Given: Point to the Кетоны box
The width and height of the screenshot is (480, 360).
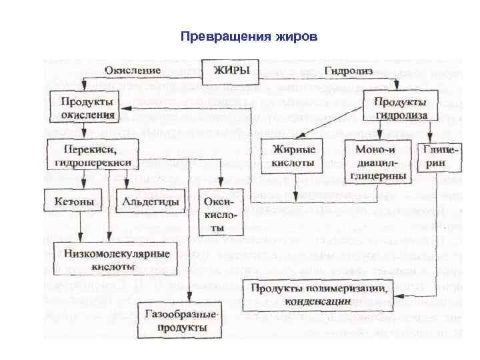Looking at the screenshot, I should [x=74, y=199].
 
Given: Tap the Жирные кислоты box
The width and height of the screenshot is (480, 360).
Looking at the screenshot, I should [x=295, y=155].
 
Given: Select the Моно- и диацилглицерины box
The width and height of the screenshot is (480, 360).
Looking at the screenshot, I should [x=377, y=161].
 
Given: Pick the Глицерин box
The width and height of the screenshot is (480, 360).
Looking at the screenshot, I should [x=439, y=157].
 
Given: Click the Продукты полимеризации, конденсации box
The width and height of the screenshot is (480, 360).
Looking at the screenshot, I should [x=317, y=295].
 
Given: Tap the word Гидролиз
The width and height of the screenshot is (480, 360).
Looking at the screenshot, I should [x=347, y=70].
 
